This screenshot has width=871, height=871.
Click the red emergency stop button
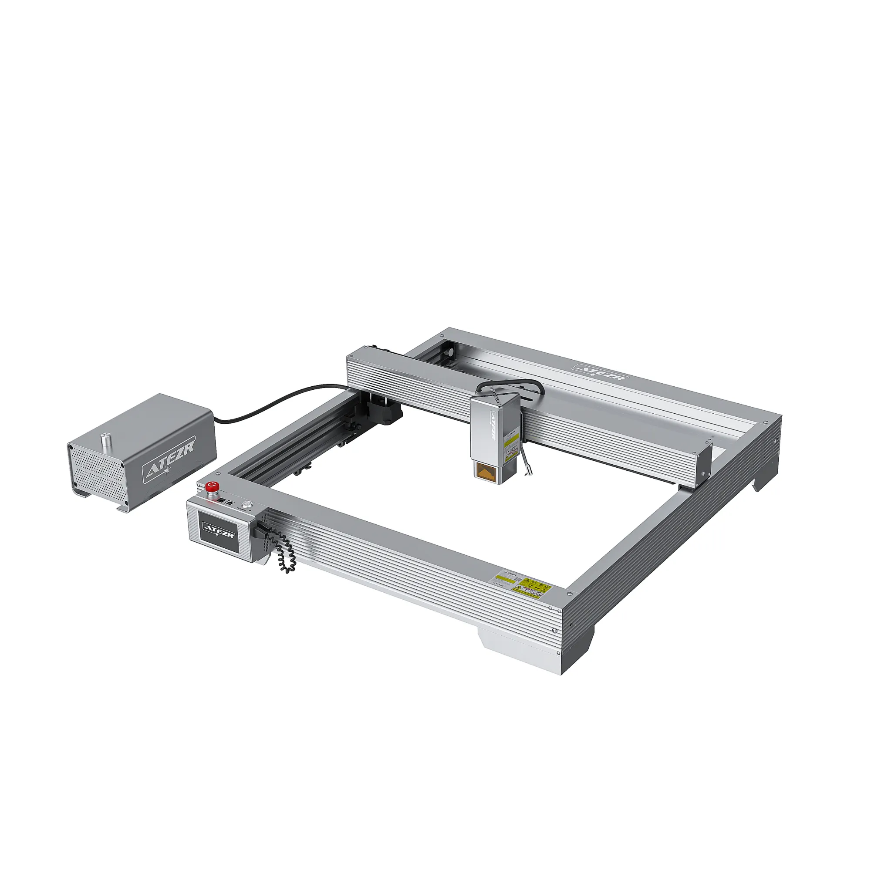[x=211, y=486]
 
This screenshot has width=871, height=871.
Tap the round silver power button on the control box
[x=246, y=505]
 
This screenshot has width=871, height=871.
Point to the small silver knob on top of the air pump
[x=106, y=439]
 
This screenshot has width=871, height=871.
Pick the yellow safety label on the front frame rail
[x=535, y=588]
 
